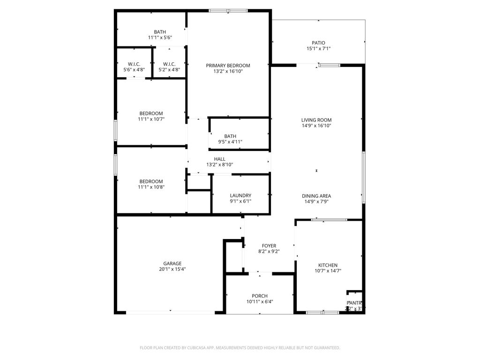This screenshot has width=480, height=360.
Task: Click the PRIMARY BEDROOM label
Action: [228, 66]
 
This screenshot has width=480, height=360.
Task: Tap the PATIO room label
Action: [315, 43]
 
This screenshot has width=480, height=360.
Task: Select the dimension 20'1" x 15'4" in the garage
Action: [172, 269]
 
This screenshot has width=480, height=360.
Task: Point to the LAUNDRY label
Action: [240, 195]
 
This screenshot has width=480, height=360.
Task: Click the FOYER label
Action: [269, 246]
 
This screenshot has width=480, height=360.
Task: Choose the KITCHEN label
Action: [328, 265]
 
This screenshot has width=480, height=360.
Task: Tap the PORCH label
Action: [259, 296]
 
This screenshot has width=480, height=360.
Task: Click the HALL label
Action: [219, 159]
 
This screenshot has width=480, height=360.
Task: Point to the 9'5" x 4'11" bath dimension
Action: [230, 142]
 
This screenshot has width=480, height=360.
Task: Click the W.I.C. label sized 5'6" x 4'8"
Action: [135, 64]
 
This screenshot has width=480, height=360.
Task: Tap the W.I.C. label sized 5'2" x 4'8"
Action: [169, 64]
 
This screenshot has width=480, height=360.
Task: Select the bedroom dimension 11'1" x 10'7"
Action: [151, 119]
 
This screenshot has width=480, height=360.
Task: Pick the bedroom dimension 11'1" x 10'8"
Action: [151, 187]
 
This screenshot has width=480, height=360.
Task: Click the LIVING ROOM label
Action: [316, 120]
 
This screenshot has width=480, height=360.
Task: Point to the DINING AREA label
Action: [316, 196]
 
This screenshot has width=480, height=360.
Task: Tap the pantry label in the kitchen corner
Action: [354, 303]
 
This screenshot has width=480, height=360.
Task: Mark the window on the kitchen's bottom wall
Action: [322, 312]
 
